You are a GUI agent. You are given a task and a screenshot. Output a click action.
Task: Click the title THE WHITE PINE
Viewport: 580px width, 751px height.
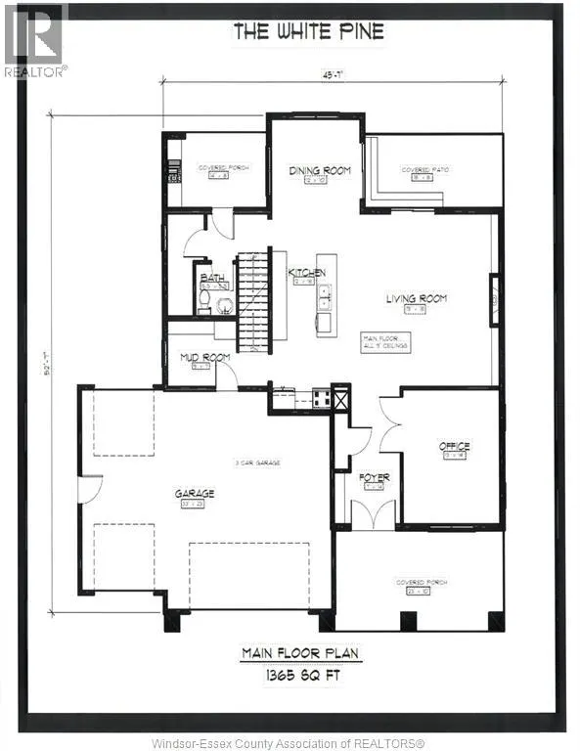point(308,32)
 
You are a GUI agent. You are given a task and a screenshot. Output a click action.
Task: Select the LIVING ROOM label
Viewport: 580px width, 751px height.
point(416,298)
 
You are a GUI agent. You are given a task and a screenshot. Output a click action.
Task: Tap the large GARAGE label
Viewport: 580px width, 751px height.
point(195,494)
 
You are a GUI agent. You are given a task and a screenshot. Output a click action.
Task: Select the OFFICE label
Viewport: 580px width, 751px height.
point(454,445)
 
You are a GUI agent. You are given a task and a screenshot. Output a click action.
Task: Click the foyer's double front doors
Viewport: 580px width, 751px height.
point(373,513)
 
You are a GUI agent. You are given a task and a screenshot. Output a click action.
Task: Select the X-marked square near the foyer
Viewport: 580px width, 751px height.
point(340,399)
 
